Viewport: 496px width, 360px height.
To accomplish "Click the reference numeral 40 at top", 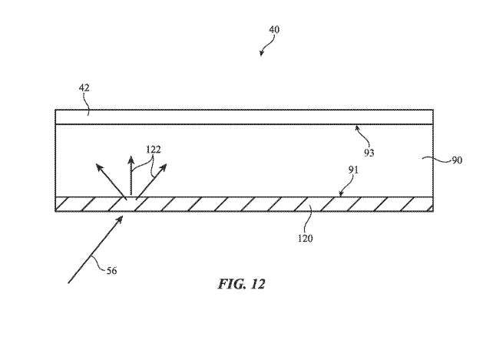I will click(x=274, y=30).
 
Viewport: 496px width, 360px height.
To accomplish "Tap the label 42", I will click(x=84, y=88).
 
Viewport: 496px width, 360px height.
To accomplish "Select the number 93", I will click(x=369, y=153).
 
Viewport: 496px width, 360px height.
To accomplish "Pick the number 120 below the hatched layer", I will click(x=305, y=238).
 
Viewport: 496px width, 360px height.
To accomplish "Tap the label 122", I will click(x=153, y=149).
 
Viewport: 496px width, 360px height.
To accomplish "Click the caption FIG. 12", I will click(x=240, y=283).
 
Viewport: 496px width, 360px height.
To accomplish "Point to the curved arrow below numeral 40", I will click(x=264, y=48).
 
